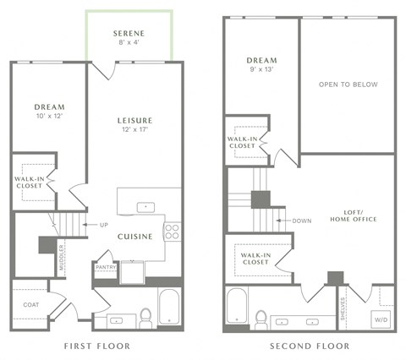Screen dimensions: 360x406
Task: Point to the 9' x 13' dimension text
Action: tap(261, 70)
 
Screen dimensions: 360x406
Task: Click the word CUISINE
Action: tap(135, 237)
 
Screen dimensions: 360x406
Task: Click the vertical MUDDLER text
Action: tap(62, 257)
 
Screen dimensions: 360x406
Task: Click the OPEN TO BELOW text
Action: tap(348, 85)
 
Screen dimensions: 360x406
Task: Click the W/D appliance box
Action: tap(381, 319)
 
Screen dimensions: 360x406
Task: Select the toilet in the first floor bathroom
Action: tap(145, 317)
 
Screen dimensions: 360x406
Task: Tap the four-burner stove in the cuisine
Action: tap(173, 230)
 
